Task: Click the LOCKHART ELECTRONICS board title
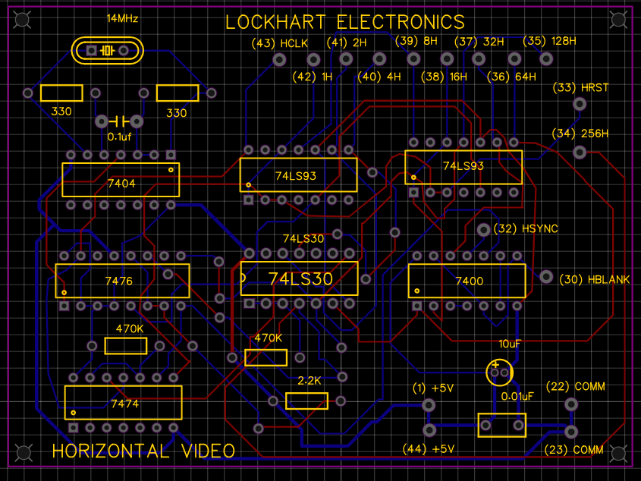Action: (345, 21)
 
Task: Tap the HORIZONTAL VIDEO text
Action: (143, 451)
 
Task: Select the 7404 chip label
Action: (121, 184)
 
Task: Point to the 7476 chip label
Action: (119, 281)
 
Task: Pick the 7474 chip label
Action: (124, 404)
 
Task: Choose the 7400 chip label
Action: (469, 281)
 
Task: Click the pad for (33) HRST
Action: (580, 104)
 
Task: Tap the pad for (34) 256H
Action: (580, 152)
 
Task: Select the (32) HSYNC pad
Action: (483, 229)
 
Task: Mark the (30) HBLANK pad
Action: (546, 276)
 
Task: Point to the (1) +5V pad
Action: (429, 405)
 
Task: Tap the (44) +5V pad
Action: (429, 430)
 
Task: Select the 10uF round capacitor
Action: (500, 372)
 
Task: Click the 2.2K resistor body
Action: (306, 401)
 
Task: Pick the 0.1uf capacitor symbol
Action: (119, 121)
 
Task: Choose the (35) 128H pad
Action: (545, 58)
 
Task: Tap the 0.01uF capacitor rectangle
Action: (501, 425)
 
